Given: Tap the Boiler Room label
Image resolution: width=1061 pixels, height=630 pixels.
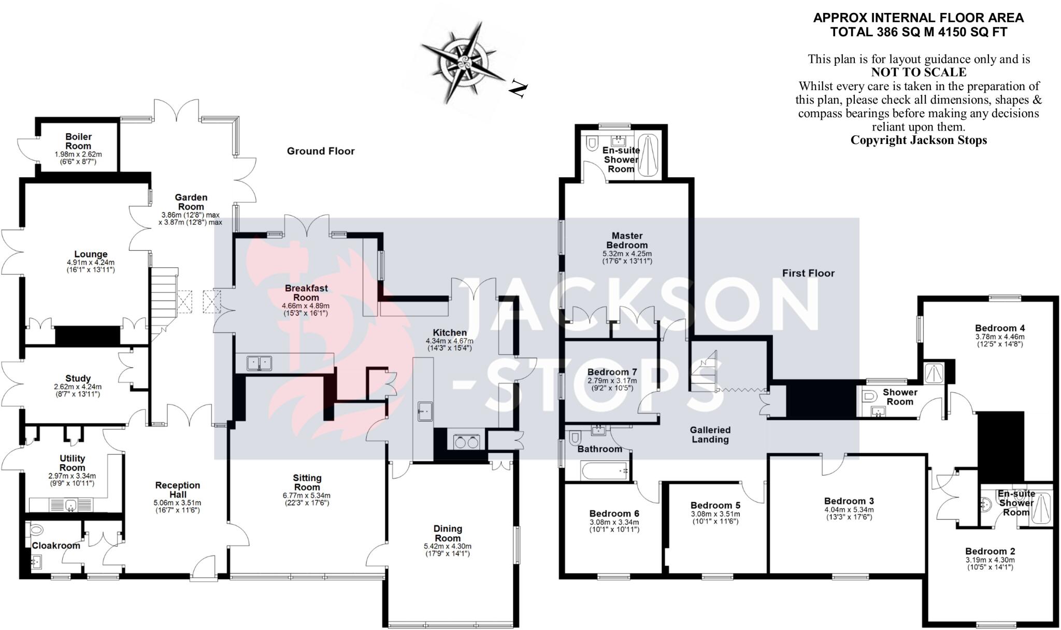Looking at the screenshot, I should click(78, 141).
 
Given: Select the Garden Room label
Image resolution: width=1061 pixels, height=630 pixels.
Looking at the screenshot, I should click(191, 202).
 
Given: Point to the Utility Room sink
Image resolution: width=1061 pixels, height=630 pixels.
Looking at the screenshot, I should click(71, 504).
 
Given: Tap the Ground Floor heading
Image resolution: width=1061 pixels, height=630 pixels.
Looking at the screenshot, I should click(321, 151).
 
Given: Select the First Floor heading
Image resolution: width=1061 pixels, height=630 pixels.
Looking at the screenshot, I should click(808, 273).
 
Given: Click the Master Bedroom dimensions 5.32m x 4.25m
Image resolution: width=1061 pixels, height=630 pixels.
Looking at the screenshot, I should click(627, 254).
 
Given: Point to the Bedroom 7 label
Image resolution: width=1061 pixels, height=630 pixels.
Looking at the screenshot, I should click(612, 372).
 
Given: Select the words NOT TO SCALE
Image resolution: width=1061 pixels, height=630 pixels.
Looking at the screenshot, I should click(919, 73).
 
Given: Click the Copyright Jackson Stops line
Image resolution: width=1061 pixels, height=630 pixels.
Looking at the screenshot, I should click(919, 140).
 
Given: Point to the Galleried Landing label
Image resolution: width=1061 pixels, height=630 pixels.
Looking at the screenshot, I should click(710, 435).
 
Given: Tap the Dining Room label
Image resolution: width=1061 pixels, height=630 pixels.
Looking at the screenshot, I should click(448, 533).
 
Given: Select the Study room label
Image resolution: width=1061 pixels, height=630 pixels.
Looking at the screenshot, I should click(78, 379).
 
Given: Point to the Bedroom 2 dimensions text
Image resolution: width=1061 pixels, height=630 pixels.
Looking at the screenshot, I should click(990, 564).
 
